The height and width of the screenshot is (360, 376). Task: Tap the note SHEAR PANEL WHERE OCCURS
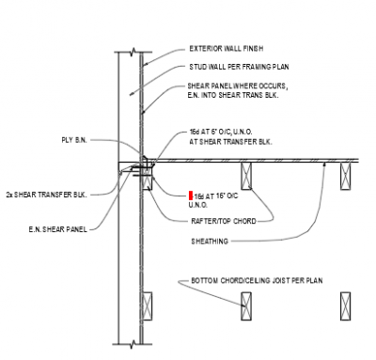point(237,86)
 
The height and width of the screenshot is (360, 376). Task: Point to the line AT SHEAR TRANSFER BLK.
point(230,142)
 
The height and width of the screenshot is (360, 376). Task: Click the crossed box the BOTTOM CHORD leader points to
point(246,305)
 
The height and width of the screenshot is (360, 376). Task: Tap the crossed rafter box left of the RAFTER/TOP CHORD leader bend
point(246,175)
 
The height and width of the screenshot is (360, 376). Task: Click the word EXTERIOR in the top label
point(203,48)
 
